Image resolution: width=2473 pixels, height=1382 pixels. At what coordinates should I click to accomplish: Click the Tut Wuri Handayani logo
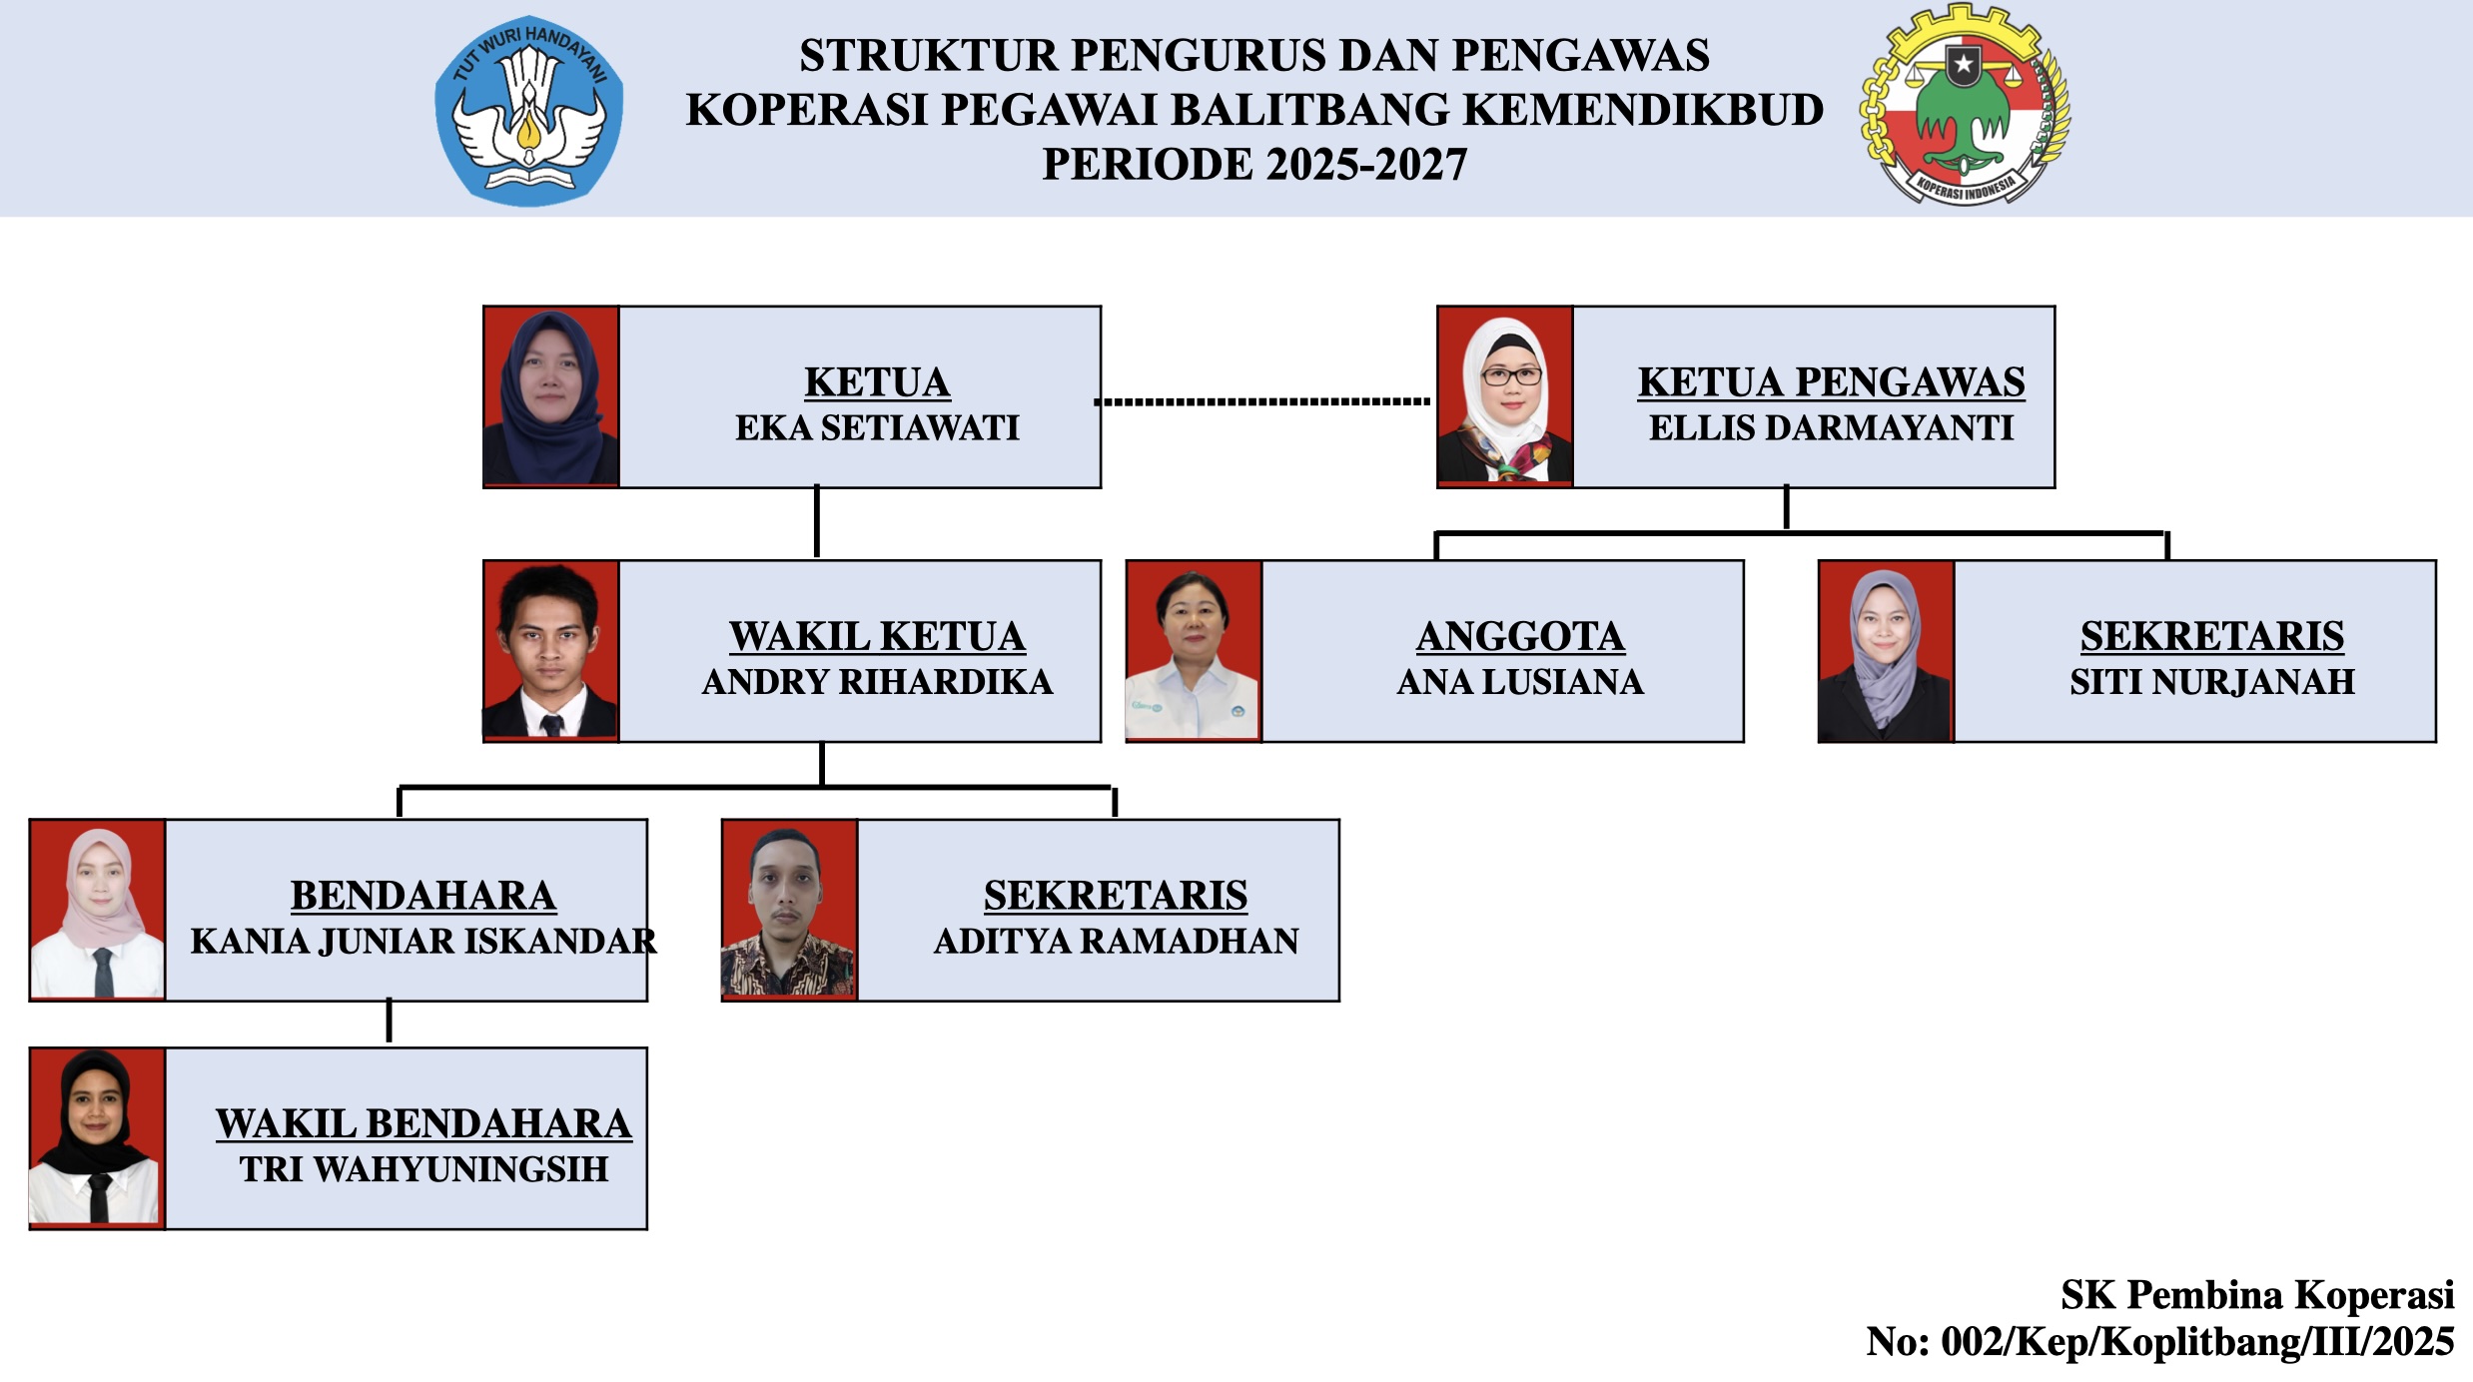pyautogui.click(x=529, y=111)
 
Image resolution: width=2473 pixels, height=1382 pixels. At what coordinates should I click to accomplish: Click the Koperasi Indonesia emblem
pyautogui.click(x=1965, y=105)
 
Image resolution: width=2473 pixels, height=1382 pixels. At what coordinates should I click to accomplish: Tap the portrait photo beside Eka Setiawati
pyautogui.click(x=551, y=396)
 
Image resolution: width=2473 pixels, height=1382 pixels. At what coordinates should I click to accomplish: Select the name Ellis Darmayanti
pyautogui.click(x=1831, y=427)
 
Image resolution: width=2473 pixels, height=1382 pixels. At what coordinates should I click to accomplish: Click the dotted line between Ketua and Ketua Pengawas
pyautogui.click(x=1262, y=401)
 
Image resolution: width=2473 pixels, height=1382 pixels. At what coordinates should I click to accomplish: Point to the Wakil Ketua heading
pyautogui.click(x=877, y=636)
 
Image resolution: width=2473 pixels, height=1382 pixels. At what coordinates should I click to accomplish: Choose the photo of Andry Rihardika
pyautogui.click(x=551, y=651)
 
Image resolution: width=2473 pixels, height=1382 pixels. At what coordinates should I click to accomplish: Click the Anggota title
pyautogui.click(x=1520, y=636)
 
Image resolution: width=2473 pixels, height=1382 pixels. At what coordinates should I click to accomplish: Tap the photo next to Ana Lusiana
pyautogui.click(x=1194, y=651)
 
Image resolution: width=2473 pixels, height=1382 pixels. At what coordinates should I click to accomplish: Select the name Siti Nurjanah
pyautogui.click(x=2212, y=682)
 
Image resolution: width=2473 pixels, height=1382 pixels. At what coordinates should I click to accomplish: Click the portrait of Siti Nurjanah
pyautogui.click(x=1886, y=651)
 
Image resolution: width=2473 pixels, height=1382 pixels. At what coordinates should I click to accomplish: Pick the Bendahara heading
pyautogui.click(x=423, y=896)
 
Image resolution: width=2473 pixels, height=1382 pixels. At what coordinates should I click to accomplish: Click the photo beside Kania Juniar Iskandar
pyautogui.click(x=98, y=910)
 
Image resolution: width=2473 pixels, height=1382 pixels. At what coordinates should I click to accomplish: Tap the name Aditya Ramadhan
pyautogui.click(x=1116, y=941)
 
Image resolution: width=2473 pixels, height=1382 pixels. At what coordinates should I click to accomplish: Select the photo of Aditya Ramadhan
pyautogui.click(x=790, y=910)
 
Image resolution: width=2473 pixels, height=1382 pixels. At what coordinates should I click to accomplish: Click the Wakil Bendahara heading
pyautogui.click(x=423, y=1124)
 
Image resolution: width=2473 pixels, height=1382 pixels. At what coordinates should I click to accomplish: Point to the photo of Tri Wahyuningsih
pyautogui.click(x=98, y=1137)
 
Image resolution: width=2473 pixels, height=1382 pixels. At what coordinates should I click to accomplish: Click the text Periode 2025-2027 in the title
pyautogui.click(x=1254, y=164)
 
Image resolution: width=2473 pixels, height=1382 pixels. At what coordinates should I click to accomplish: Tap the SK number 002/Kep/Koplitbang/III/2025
pyautogui.click(x=2197, y=1341)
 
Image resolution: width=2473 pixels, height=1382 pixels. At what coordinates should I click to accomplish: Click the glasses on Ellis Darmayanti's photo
pyautogui.click(x=1511, y=376)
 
